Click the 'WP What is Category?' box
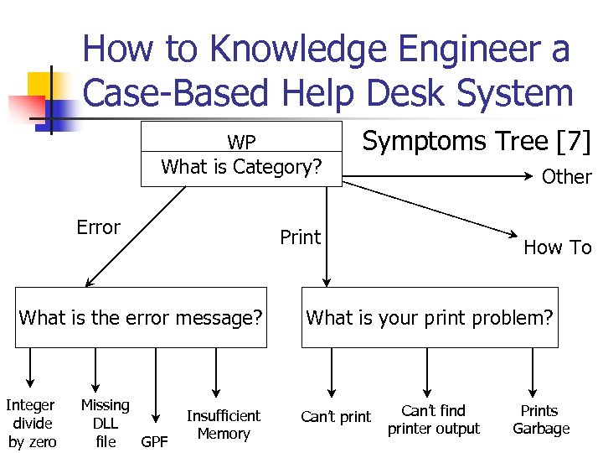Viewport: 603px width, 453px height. (x=241, y=154)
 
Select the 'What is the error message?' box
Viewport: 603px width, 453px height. (x=141, y=318)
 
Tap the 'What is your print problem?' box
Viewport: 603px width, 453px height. (x=430, y=318)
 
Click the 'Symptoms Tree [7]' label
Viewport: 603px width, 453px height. (x=476, y=142)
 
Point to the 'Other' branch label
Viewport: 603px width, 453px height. (x=566, y=177)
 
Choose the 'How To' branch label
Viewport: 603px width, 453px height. (x=557, y=247)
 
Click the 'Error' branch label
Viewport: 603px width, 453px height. (x=98, y=227)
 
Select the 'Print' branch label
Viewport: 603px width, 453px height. (x=300, y=237)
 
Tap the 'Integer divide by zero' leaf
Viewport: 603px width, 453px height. (x=32, y=423)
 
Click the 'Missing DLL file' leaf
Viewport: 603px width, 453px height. (x=106, y=423)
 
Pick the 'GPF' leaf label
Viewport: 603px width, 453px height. (x=154, y=441)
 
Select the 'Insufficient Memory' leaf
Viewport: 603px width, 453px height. (x=223, y=424)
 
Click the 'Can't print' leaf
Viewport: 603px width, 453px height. (x=336, y=417)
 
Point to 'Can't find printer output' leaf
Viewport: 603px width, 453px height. (x=433, y=419)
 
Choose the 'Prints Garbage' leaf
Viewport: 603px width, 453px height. (x=540, y=419)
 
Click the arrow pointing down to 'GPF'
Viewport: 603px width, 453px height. (x=156, y=386)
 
